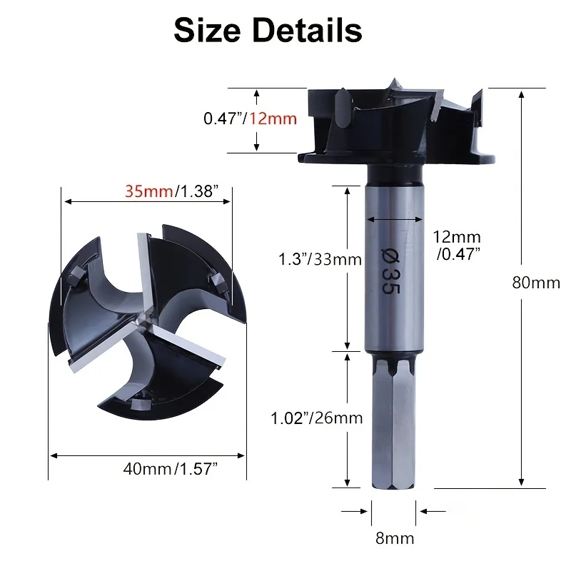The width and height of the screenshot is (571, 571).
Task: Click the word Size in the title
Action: (x=207, y=30)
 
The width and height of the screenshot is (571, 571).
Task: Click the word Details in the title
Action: (x=307, y=30)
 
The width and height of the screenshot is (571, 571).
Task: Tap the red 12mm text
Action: (x=273, y=118)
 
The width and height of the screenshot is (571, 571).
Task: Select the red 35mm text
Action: (x=148, y=191)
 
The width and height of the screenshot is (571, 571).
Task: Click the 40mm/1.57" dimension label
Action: (x=170, y=469)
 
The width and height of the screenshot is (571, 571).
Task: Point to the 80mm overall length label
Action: (x=536, y=283)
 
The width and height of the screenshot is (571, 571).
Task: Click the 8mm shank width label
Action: (x=395, y=538)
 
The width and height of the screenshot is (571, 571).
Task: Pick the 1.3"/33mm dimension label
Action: (x=320, y=260)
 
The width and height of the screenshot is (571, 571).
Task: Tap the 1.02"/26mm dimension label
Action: (x=317, y=418)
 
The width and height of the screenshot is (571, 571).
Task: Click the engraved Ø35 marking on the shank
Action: (x=390, y=271)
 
